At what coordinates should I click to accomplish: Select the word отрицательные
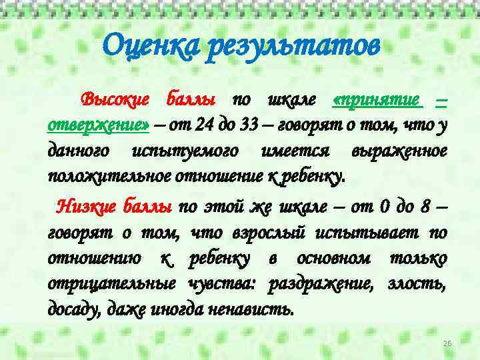pyautogui.click(x=107, y=283)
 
